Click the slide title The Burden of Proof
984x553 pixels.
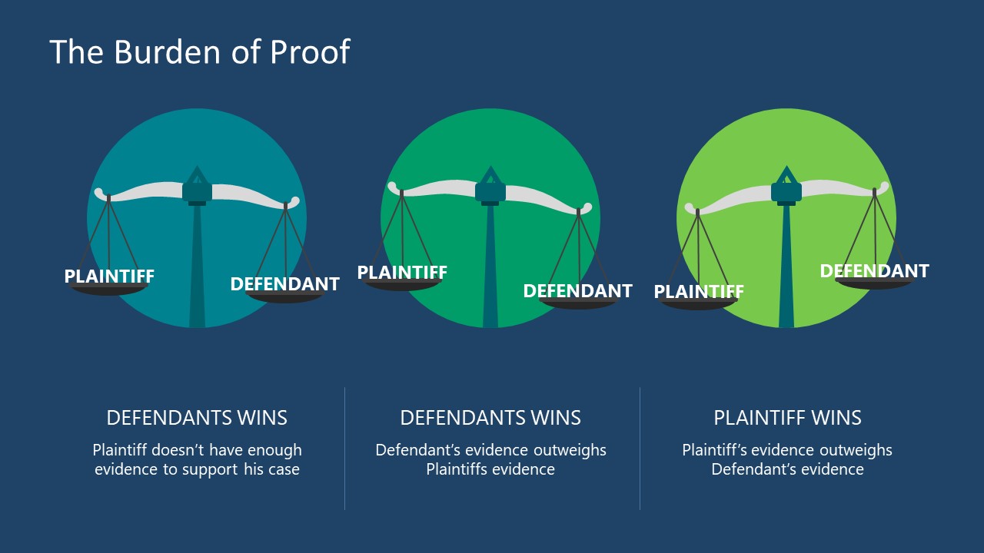pos(200,52)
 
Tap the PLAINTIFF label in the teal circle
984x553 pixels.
pos(109,276)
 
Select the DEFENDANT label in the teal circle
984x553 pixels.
pos(284,283)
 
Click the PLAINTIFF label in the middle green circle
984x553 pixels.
pos(402,273)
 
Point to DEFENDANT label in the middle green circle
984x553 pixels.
pos(577,290)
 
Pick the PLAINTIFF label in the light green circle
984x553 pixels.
pos(699,292)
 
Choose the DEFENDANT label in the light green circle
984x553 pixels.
pos(874,270)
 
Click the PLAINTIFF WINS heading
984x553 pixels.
pos(787,418)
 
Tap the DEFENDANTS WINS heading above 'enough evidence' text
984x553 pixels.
pos(197,418)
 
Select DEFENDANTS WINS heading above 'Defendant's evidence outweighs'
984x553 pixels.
pos(490,418)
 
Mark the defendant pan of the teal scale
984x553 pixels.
pos(285,298)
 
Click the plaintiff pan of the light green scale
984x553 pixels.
pos(699,305)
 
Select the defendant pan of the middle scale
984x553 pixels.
pos(578,304)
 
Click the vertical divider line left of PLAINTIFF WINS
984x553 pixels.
pos(640,448)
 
